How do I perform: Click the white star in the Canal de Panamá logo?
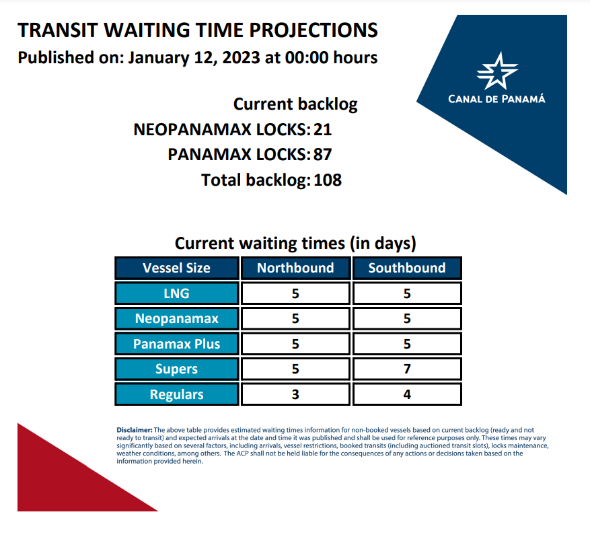click(x=497, y=71)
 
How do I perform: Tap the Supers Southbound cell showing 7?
click(x=407, y=369)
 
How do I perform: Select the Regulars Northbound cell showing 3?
click(x=295, y=394)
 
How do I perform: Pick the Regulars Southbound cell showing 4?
click(x=407, y=394)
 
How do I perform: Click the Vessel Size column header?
click(x=176, y=268)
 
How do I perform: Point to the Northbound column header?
click(x=295, y=268)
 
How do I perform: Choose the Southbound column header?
click(x=407, y=268)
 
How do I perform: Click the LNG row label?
click(x=176, y=293)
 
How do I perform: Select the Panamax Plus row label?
click(x=176, y=344)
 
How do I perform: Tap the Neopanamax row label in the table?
click(x=176, y=318)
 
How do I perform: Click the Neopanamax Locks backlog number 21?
click(x=322, y=129)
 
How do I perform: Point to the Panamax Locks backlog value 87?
click(x=322, y=155)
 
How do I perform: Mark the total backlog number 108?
click(x=328, y=180)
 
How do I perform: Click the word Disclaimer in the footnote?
click(x=135, y=430)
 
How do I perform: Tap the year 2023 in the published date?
click(x=241, y=58)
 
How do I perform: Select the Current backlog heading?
click(x=295, y=104)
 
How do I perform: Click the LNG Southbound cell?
click(x=407, y=293)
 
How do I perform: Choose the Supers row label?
click(x=176, y=369)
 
